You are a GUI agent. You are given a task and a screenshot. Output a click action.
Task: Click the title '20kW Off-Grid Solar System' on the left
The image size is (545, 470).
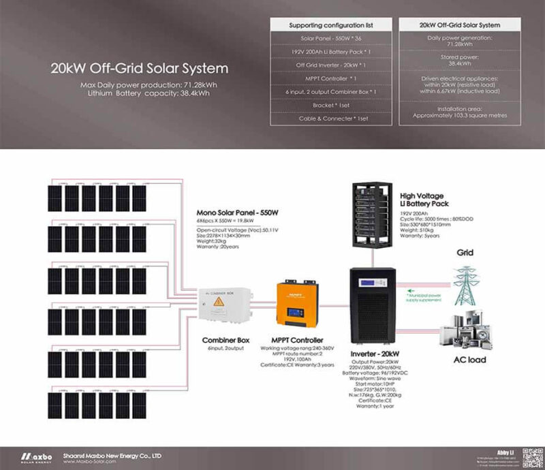pos(139,69)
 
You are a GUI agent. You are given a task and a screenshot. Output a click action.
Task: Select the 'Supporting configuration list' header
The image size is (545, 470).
pos(331,25)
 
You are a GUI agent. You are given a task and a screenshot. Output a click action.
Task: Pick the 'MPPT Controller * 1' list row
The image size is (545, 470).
pos(331,79)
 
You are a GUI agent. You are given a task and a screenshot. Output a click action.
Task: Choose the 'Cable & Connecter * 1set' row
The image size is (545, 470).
pos(331,118)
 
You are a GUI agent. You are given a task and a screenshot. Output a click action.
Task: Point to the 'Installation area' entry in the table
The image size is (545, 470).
pos(458,112)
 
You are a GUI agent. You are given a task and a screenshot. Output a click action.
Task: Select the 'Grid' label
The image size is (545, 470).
pos(465,253)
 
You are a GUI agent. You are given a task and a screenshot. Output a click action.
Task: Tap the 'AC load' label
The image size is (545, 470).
pos(469,359)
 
